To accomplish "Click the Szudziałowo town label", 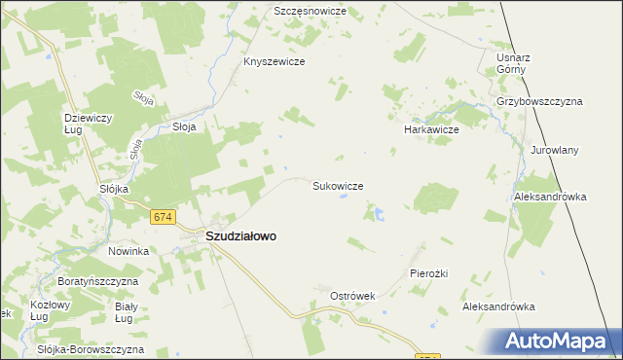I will (x=240, y=235).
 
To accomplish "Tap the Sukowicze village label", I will (x=338, y=185).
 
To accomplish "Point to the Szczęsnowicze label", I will (x=310, y=11).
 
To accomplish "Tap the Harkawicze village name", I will (x=431, y=128).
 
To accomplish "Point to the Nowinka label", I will (x=128, y=251).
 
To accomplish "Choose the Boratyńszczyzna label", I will (x=97, y=281).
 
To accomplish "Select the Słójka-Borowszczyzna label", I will (x=90, y=348).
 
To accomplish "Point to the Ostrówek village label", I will (x=353, y=295).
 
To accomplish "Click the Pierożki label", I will (x=428, y=273).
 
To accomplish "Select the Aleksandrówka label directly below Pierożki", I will (x=498, y=306).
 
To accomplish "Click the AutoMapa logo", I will (x=560, y=341).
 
